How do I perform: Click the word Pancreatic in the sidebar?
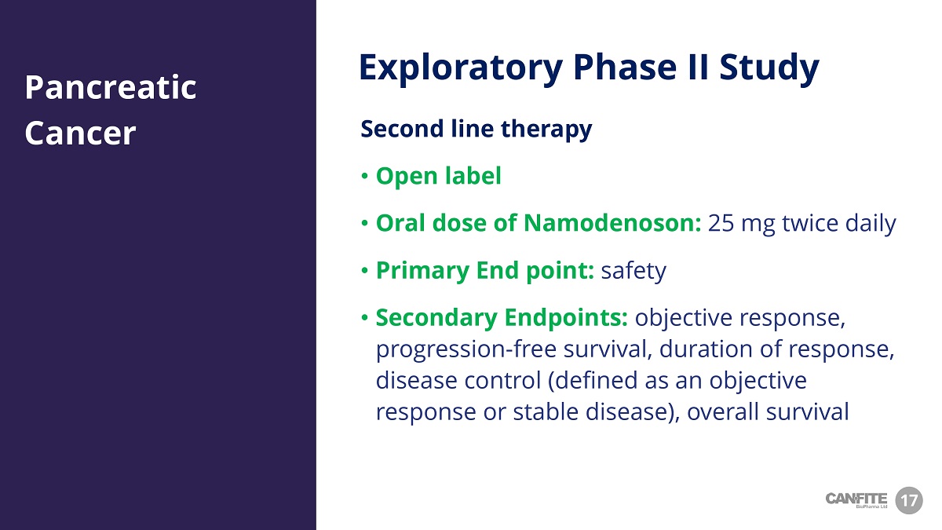111,88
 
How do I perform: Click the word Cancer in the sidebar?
80,133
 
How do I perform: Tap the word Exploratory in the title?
461,68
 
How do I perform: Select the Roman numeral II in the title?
697,67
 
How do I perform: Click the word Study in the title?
769,68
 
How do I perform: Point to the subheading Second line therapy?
476,129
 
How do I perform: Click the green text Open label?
439,176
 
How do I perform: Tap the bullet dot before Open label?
364,176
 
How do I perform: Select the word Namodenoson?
612,223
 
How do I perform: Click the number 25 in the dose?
721,223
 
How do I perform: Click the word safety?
633,270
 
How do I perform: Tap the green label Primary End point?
485,270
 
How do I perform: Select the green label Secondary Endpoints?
502,317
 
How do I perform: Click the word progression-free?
466,349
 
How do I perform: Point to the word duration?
706,349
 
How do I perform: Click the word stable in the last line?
546,411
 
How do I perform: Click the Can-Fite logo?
856,500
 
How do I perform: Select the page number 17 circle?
909,501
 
